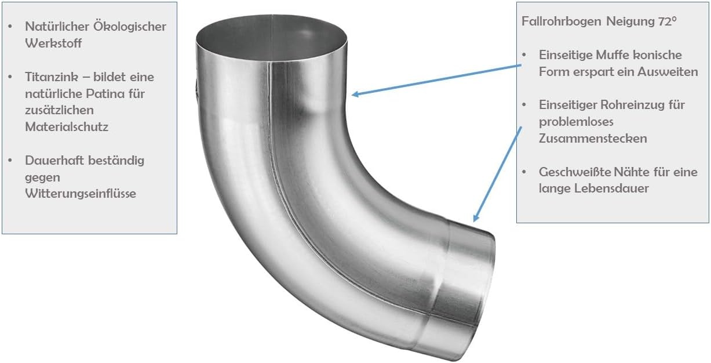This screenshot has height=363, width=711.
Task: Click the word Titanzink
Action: pos(52,77)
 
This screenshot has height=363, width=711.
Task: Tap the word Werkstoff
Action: pos(53,43)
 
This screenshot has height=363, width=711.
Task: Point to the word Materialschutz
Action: pos(67,127)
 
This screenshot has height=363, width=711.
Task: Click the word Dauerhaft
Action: pos(54,161)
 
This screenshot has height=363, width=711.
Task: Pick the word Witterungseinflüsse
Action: pos(81,194)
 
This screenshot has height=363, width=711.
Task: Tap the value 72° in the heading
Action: pos(666,21)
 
